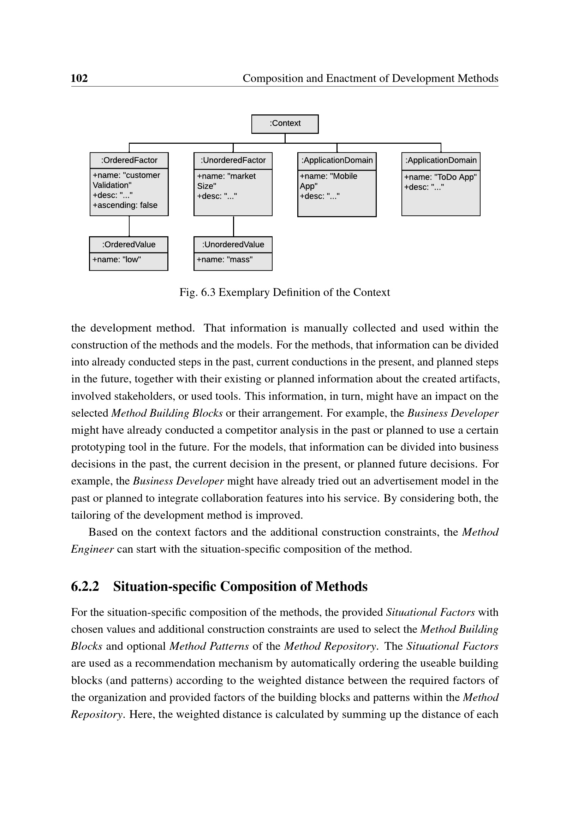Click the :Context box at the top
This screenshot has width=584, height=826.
tap(285, 124)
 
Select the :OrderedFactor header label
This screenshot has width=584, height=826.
tap(129, 160)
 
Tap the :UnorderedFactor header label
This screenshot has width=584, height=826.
tap(233, 160)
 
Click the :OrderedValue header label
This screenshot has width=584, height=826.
tap(129, 245)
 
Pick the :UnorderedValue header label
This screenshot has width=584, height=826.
tap(233, 245)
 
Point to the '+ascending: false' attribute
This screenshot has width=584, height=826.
tap(125, 206)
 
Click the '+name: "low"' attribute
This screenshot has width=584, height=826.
tap(117, 260)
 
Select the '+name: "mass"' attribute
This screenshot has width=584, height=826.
tap(225, 260)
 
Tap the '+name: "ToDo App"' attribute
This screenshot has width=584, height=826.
tap(440, 177)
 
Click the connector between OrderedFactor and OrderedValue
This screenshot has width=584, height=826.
tap(129, 226)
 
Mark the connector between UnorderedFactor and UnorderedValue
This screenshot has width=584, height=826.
tap(233, 226)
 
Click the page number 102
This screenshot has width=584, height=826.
tap(79, 78)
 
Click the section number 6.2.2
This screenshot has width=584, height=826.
tap(85, 587)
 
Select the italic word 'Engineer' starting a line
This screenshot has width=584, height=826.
tap(93, 549)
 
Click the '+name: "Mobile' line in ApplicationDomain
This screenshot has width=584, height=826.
tap(328, 176)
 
